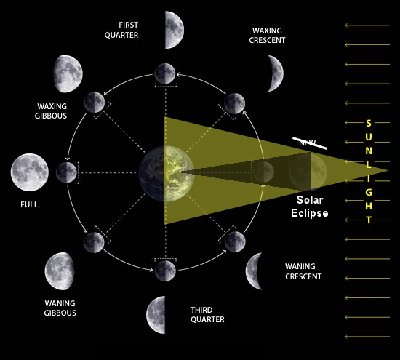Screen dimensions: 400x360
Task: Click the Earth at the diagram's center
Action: point(167,174)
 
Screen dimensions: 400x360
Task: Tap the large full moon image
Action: point(30,172)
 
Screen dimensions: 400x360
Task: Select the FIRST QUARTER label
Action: point(121,30)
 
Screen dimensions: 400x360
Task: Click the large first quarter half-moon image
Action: point(175,30)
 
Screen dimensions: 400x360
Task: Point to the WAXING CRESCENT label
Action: point(267,36)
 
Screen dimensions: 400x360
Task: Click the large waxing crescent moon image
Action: point(277,73)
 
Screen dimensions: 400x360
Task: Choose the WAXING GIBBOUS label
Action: point(51,111)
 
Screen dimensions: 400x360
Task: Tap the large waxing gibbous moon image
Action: point(68,73)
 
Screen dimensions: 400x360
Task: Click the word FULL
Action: point(29,204)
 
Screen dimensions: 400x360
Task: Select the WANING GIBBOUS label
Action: point(60,308)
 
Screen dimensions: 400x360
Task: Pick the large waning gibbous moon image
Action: point(60,271)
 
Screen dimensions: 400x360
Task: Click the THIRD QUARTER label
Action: point(207,315)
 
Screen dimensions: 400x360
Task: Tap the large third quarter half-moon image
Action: point(156,315)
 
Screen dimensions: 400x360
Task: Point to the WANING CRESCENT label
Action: point(303,271)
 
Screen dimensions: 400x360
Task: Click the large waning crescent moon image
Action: point(254,271)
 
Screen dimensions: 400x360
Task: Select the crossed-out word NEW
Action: point(308,143)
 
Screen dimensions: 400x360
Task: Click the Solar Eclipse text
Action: point(310,207)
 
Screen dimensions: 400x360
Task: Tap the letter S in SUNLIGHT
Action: point(369,123)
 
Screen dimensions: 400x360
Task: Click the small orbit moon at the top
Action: point(165,73)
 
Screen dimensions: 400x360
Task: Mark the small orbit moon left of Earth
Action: point(66,172)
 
